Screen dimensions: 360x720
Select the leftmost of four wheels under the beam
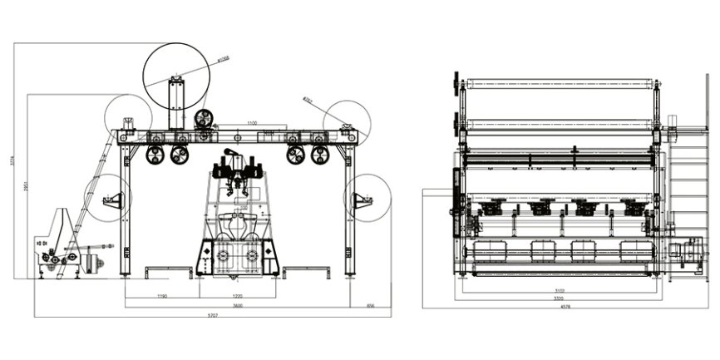(x=155, y=155)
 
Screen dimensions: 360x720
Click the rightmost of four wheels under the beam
(x=319, y=155)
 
